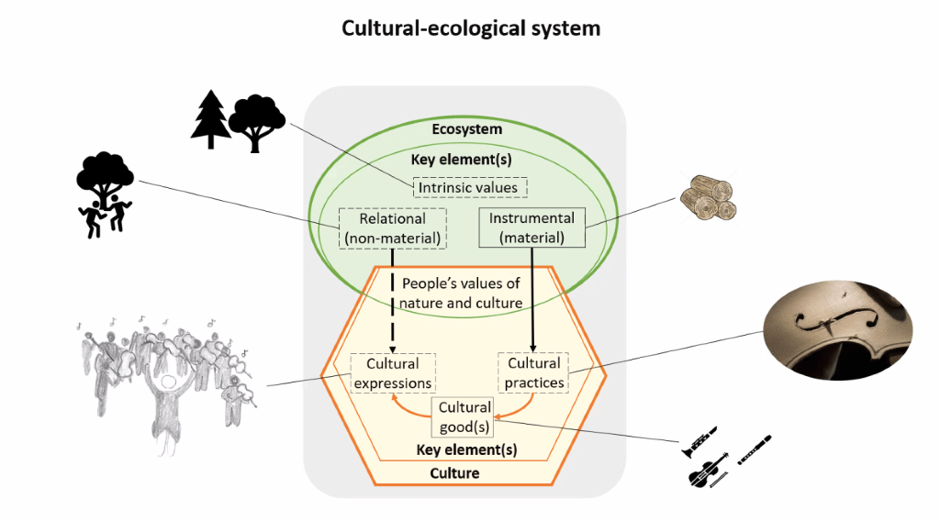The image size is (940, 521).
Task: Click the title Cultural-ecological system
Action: (x=471, y=28)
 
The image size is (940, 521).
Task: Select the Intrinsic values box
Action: (x=468, y=188)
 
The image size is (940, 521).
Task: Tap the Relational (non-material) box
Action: (x=392, y=228)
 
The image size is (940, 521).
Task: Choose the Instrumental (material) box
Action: (x=532, y=228)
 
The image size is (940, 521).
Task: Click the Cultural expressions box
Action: (x=393, y=373)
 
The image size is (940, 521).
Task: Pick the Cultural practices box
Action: (x=533, y=373)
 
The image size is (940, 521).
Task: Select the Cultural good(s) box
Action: (x=464, y=417)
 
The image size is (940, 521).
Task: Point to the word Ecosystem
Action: (x=467, y=129)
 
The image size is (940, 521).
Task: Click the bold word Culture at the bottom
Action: (x=455, y=473)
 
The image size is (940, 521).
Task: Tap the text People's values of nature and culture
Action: (x=461, y=294)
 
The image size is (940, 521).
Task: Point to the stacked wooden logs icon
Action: (x=708, y=197)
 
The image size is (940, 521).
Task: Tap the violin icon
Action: (x=706, y=471)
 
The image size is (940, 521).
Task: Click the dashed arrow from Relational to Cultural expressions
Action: (x=393, y=303)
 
